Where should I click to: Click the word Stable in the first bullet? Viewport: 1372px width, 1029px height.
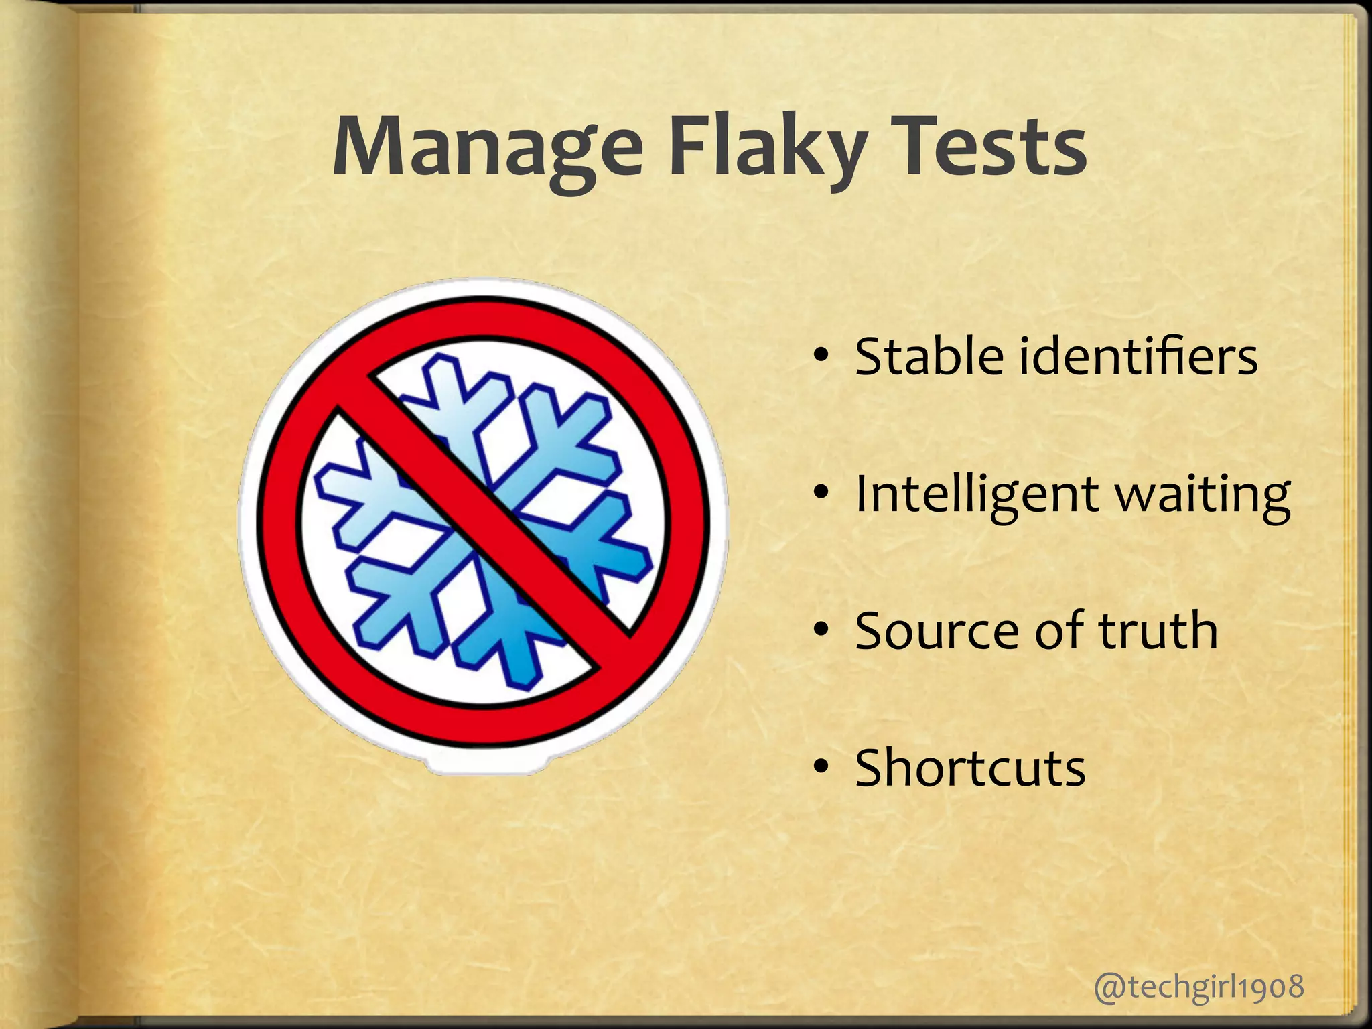[929, 356]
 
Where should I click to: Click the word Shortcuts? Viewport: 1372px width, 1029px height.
[970, 768]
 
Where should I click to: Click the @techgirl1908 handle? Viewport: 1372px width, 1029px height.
[1199, 987]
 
